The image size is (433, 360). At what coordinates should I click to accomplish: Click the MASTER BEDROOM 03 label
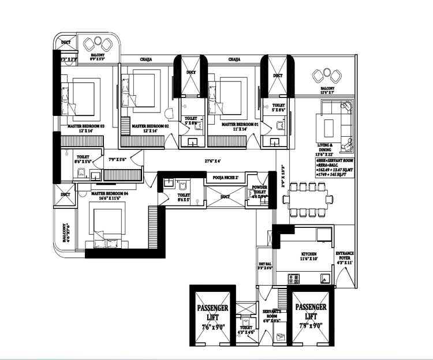(85, 125)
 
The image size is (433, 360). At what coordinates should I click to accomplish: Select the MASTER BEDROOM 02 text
(150, 125)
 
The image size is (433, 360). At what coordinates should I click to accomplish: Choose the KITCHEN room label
(309, 254)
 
